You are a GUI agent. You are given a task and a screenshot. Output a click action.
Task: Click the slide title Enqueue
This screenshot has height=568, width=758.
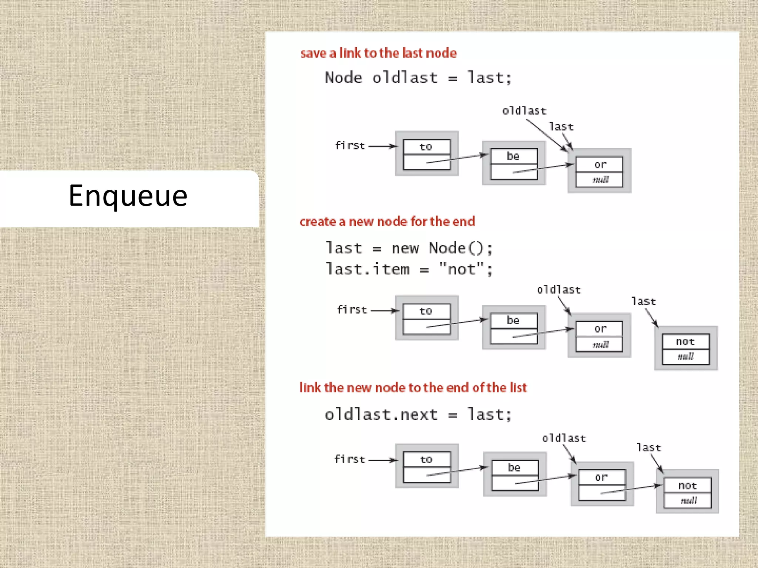tap(128, 196)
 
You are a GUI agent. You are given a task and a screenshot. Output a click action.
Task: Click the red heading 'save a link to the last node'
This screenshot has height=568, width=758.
tap(378, 53)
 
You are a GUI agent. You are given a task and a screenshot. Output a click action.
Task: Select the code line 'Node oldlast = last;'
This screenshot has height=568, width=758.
tap(418, 78)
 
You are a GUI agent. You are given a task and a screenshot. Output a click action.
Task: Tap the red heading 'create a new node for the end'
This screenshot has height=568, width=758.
tap(387, 222)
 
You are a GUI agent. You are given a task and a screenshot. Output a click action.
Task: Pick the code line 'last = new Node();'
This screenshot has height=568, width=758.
tap(409, 248)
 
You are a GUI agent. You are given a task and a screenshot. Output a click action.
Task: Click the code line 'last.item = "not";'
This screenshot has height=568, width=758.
tap(409, 269)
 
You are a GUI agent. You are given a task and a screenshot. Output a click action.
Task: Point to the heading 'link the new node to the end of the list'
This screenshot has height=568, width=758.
tap(413, 388)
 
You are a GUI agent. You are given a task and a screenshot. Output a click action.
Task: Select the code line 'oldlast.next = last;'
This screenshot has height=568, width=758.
tap(418, 415)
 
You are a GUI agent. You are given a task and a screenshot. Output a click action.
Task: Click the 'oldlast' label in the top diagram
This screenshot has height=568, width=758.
tap(524, 111)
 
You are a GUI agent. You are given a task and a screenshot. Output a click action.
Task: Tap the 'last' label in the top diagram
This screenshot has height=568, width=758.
tap(561, 127)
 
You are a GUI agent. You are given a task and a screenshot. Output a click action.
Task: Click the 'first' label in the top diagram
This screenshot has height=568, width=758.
tap(350, 146)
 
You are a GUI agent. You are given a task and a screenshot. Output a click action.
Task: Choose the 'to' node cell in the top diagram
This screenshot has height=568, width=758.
tap(426, 147)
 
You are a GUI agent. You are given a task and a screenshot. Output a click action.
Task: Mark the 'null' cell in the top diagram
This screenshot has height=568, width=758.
tap(600, 180)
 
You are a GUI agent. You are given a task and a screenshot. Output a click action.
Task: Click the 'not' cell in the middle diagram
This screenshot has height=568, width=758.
tap(685, 342)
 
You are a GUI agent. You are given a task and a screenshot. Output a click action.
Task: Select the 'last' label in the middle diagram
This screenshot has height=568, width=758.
tap(643, 301)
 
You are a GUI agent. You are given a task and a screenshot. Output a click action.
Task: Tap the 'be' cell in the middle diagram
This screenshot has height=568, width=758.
tap(513, 320)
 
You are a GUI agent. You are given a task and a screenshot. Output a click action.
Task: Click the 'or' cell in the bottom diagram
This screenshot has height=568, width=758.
tap(601, 477)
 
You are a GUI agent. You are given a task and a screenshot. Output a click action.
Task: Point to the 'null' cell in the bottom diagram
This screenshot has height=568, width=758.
tap(688, 501)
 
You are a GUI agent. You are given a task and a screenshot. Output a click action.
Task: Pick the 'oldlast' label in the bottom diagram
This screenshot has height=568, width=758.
tap(564, 439)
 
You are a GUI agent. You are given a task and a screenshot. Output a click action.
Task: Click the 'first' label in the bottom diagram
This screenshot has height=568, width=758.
tap(349, 459)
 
